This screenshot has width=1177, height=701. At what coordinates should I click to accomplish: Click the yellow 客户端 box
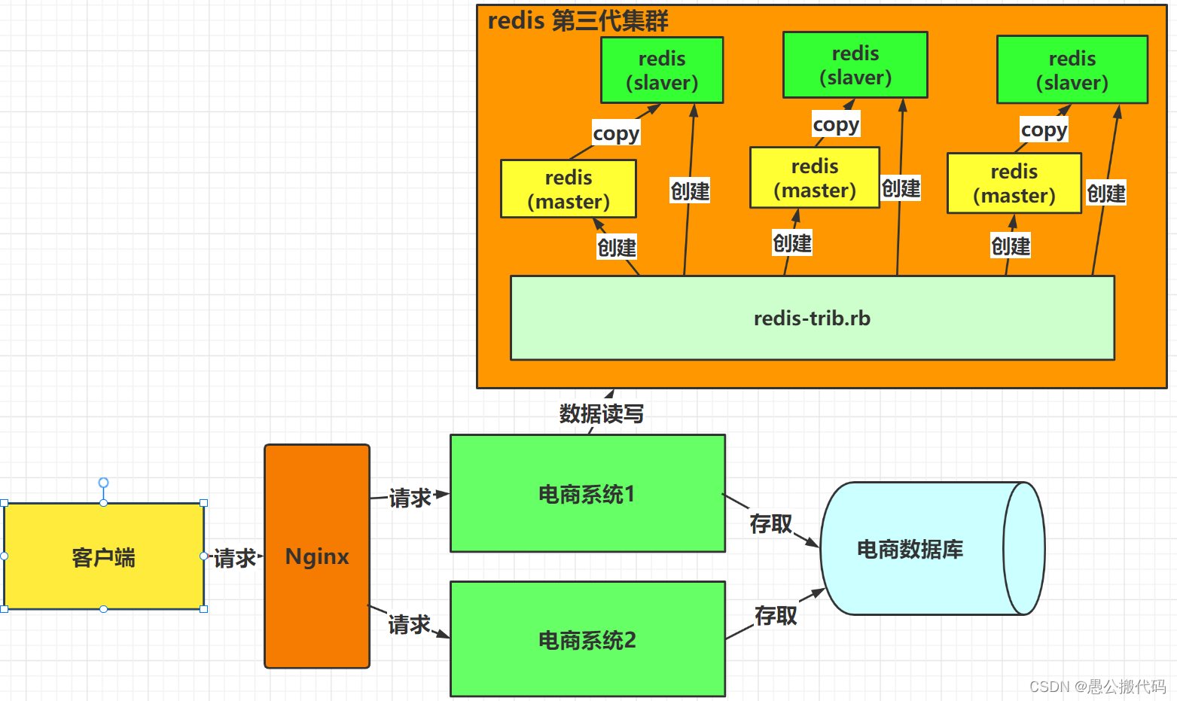tap(104, 556)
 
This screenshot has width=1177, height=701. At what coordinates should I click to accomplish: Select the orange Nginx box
tap(317, 556)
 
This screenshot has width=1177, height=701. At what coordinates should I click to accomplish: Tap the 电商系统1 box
tap(587, 494)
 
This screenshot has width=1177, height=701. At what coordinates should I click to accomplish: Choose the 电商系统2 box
tap(587, 639)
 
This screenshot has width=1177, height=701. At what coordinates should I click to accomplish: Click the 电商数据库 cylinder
tap(911, 549)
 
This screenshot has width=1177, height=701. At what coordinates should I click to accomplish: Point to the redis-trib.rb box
tap(812, 318)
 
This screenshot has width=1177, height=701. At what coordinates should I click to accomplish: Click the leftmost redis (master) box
tap(569, 189)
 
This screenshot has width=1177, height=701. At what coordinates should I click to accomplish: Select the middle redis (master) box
tap(815, 178)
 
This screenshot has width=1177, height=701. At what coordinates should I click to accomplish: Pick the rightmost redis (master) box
tap(1014, 183)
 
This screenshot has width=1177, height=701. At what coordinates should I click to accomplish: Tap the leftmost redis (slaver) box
tap(662, 70)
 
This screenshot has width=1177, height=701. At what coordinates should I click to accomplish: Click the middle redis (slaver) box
tap(855, 65)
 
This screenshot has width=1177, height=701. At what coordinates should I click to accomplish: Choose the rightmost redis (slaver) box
tap(1072, 70)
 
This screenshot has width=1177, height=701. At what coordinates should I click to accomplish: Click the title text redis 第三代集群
tap(578, 20)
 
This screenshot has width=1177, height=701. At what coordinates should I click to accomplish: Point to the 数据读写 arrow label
tap(601, 413)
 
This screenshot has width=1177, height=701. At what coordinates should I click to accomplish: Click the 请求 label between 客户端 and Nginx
tap(235, 558)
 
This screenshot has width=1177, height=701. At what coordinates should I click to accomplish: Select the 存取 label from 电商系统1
tap(770, 523)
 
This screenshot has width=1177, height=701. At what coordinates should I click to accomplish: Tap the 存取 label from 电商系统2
tap(776, 615)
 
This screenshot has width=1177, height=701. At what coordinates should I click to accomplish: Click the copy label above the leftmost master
tap(616, 133)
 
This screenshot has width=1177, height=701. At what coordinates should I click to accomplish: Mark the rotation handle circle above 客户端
tap(104, 483)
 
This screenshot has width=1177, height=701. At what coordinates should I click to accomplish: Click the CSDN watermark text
tap(1097, 686)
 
